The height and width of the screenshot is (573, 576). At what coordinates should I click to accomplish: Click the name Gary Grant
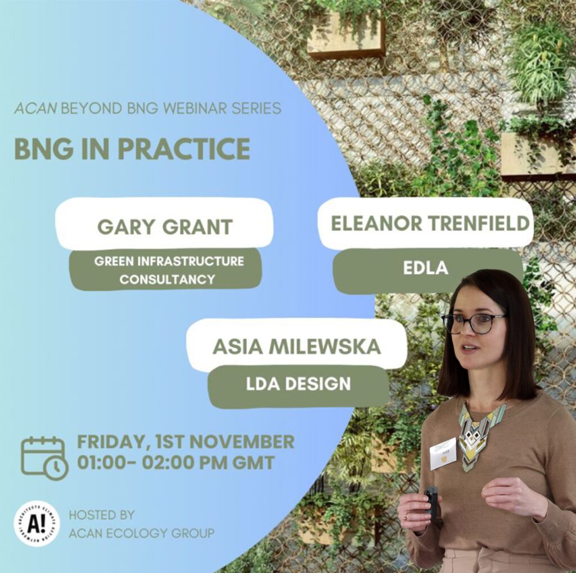click(165, 227)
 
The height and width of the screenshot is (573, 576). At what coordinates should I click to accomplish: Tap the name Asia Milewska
click(296, 347)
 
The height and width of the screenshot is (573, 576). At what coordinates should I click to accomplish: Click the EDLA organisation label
click(426, 268)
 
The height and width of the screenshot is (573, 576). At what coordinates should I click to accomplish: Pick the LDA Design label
click(298, 384)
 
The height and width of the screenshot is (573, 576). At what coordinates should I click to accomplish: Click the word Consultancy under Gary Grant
click(167, 279)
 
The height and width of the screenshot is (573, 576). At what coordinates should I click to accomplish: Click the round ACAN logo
click(37, 524)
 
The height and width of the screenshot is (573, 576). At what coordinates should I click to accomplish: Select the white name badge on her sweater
click(443, 454)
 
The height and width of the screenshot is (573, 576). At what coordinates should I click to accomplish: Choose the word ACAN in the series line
click(35, 109)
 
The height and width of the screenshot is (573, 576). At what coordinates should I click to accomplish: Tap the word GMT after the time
click(254, 462)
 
